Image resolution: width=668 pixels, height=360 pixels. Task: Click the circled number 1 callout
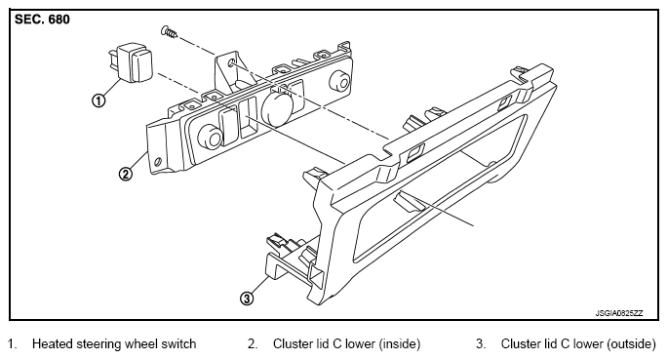(x=98, y=100)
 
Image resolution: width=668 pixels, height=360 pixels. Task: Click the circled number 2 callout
(x=125, y=174)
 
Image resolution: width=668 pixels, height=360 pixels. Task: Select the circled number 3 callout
(x=247, y=299)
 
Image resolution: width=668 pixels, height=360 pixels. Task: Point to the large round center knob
(x=277, y=108)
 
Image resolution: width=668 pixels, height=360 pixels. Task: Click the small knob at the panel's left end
(x=210, y=137)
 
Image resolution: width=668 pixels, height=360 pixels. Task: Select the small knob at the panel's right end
(x=341, y=80)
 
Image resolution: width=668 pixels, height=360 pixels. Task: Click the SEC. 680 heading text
(x=42, y=20)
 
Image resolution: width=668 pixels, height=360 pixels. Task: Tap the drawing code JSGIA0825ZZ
(x=619, y=313)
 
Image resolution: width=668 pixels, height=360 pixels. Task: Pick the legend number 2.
(x=253, y=343)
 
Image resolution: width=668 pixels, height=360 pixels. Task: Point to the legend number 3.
(x=481, y=343)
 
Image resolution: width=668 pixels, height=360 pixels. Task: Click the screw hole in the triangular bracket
(x=231, y=63)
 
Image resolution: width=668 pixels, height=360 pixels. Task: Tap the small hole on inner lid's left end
(x=158, y=162)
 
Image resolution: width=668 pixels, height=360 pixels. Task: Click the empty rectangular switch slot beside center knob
(x=247, y=118)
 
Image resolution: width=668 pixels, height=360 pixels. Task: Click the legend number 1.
(x=12, y=343)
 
